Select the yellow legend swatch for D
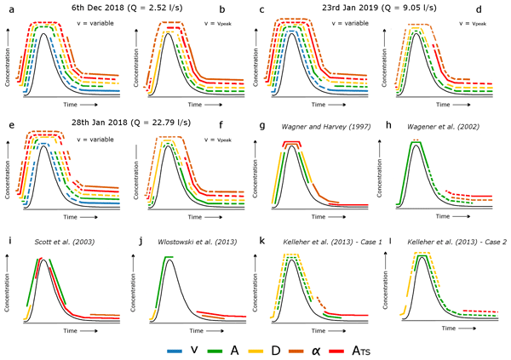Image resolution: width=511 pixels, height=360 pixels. coord(252,347)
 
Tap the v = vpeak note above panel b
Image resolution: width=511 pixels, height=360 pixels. coord(215,22)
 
